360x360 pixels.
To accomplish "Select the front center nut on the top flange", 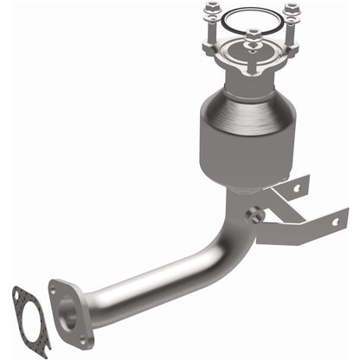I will click(x=252, y=37).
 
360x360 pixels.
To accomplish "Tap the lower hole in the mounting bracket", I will click(x=334, y=222).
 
